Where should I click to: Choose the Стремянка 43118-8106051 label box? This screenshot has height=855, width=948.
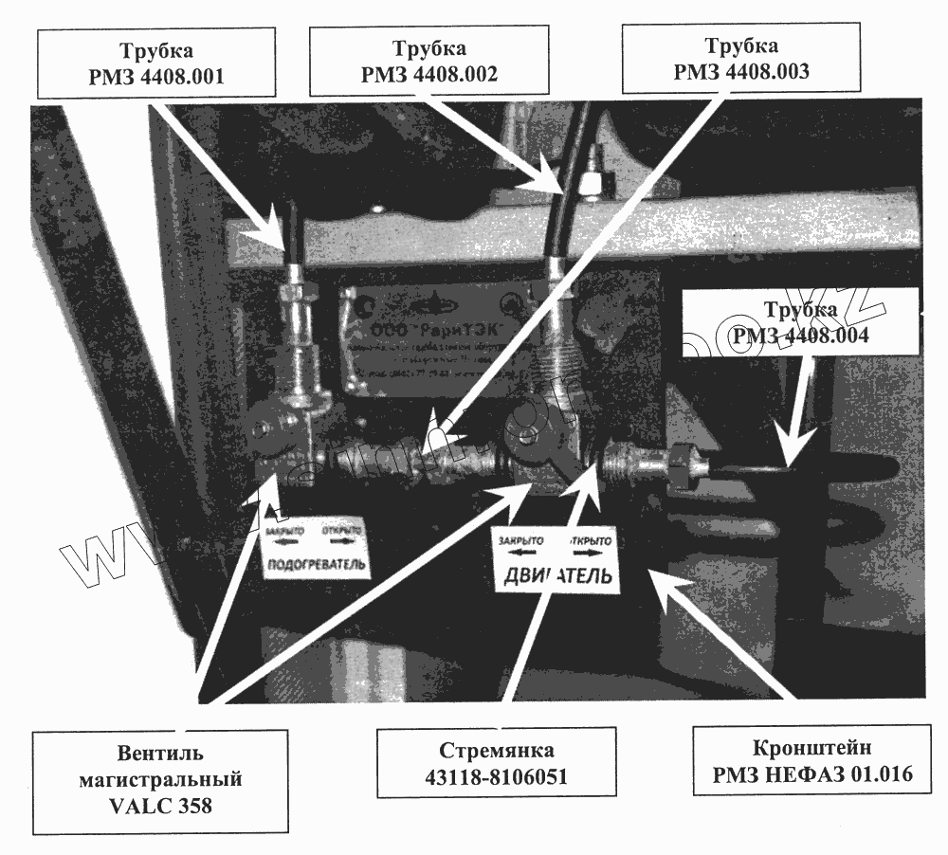(496, 762)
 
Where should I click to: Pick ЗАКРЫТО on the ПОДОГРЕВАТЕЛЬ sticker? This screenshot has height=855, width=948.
(284, 531)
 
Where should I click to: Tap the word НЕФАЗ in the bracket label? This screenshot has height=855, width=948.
(819, 774)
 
